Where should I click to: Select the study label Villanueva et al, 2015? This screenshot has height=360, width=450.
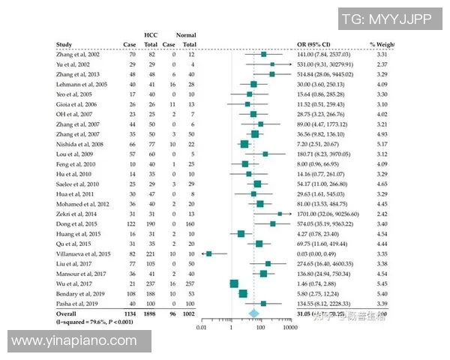point(83,254)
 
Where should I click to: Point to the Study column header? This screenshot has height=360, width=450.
point(64,45)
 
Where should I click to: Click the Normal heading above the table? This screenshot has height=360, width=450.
point(186,35)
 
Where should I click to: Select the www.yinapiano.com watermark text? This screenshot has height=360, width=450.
point(74,341)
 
